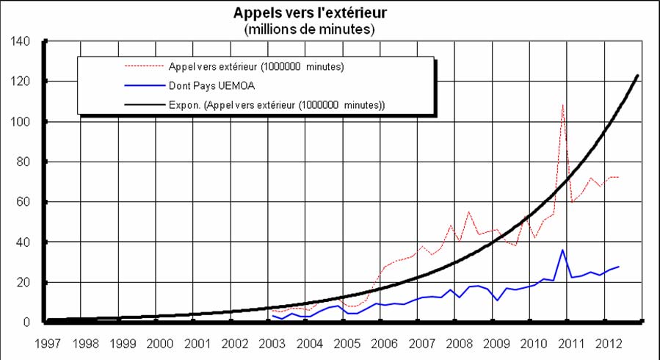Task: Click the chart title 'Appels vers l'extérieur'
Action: coord(309,13)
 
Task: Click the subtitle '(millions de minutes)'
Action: coord(309,29)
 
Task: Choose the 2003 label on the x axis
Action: coord(272,342)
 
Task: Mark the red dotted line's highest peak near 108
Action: coord(563,105)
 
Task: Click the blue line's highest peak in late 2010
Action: coord(563,250)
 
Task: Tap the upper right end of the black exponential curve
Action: coord(637,75)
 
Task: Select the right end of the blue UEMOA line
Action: coord(618,266)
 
